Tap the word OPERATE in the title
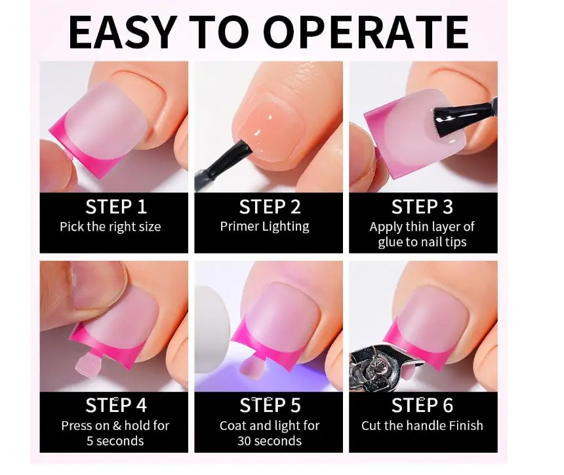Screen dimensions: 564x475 click(x=366, y=32)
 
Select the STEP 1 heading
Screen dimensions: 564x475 click(x=116, y=207)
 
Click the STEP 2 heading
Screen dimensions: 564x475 click(x=270, y=207)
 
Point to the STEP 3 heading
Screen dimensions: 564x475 click(x=422, y=207)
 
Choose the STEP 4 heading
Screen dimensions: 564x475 click(x=116, y=406)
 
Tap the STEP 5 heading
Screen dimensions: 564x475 click(x=270, y=406)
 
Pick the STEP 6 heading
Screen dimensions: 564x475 click(x=422, y=406)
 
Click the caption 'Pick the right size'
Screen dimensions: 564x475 click(x=110, y=227)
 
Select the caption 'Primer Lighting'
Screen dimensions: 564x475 click(x=265, y=227)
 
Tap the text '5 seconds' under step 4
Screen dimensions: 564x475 click(x=115, y=441)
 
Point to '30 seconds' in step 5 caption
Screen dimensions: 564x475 click(x=270, y=441)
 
